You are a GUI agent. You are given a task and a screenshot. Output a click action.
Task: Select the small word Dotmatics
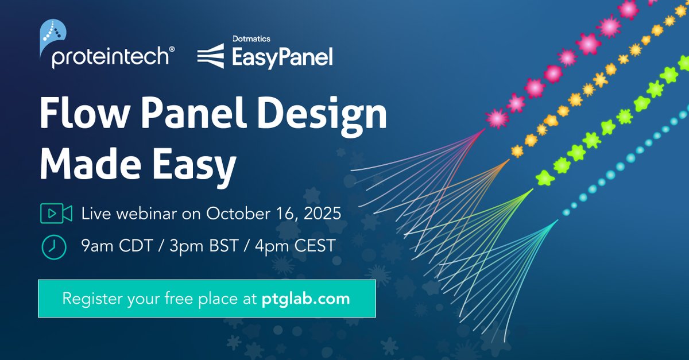pos(251,39)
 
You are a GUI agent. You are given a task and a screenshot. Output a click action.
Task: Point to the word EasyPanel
pos(282,57)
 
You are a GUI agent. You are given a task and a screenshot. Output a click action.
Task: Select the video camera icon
pos(56,214)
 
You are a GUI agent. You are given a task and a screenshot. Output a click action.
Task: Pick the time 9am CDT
pos(116,246)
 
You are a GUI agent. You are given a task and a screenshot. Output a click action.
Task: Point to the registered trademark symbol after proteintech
pos(172,51)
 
